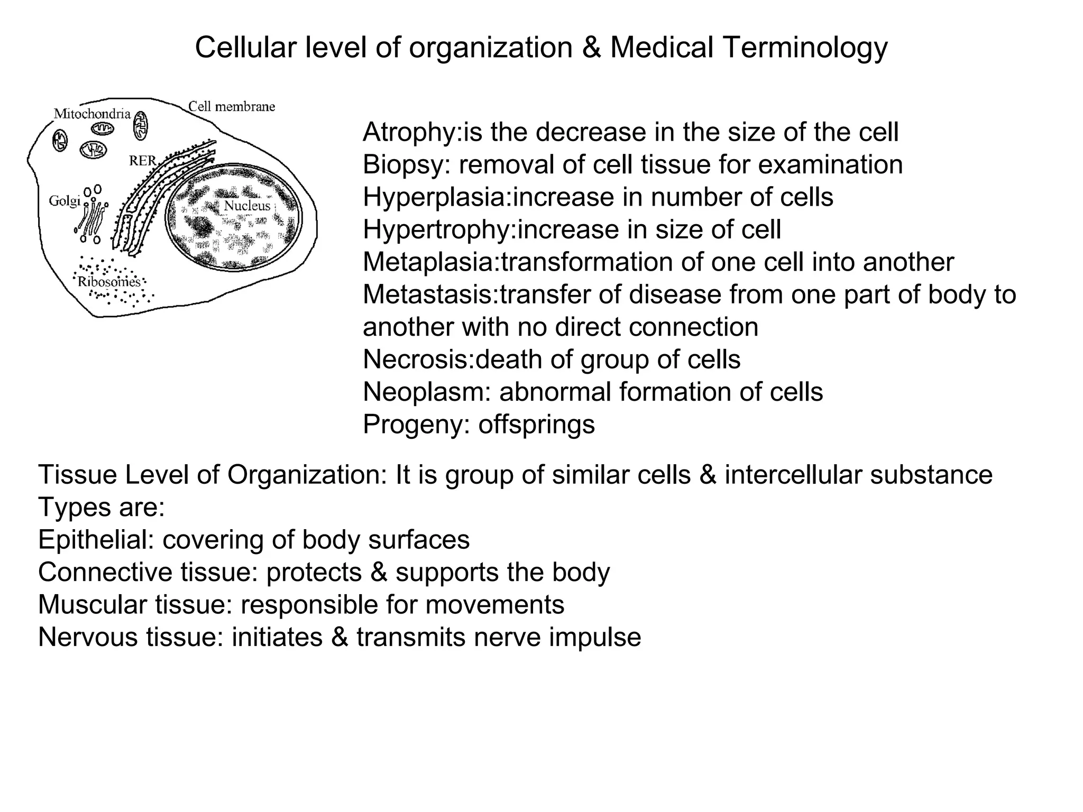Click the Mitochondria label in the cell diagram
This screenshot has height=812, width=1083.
92,114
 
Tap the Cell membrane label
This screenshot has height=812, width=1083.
232,107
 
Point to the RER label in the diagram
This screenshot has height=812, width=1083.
142,161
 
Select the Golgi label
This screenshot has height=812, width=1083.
64,201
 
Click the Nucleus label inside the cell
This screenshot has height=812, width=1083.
247,206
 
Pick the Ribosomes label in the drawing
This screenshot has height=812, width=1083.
109,281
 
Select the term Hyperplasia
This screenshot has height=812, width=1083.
434,197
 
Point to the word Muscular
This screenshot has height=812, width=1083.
92,605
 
